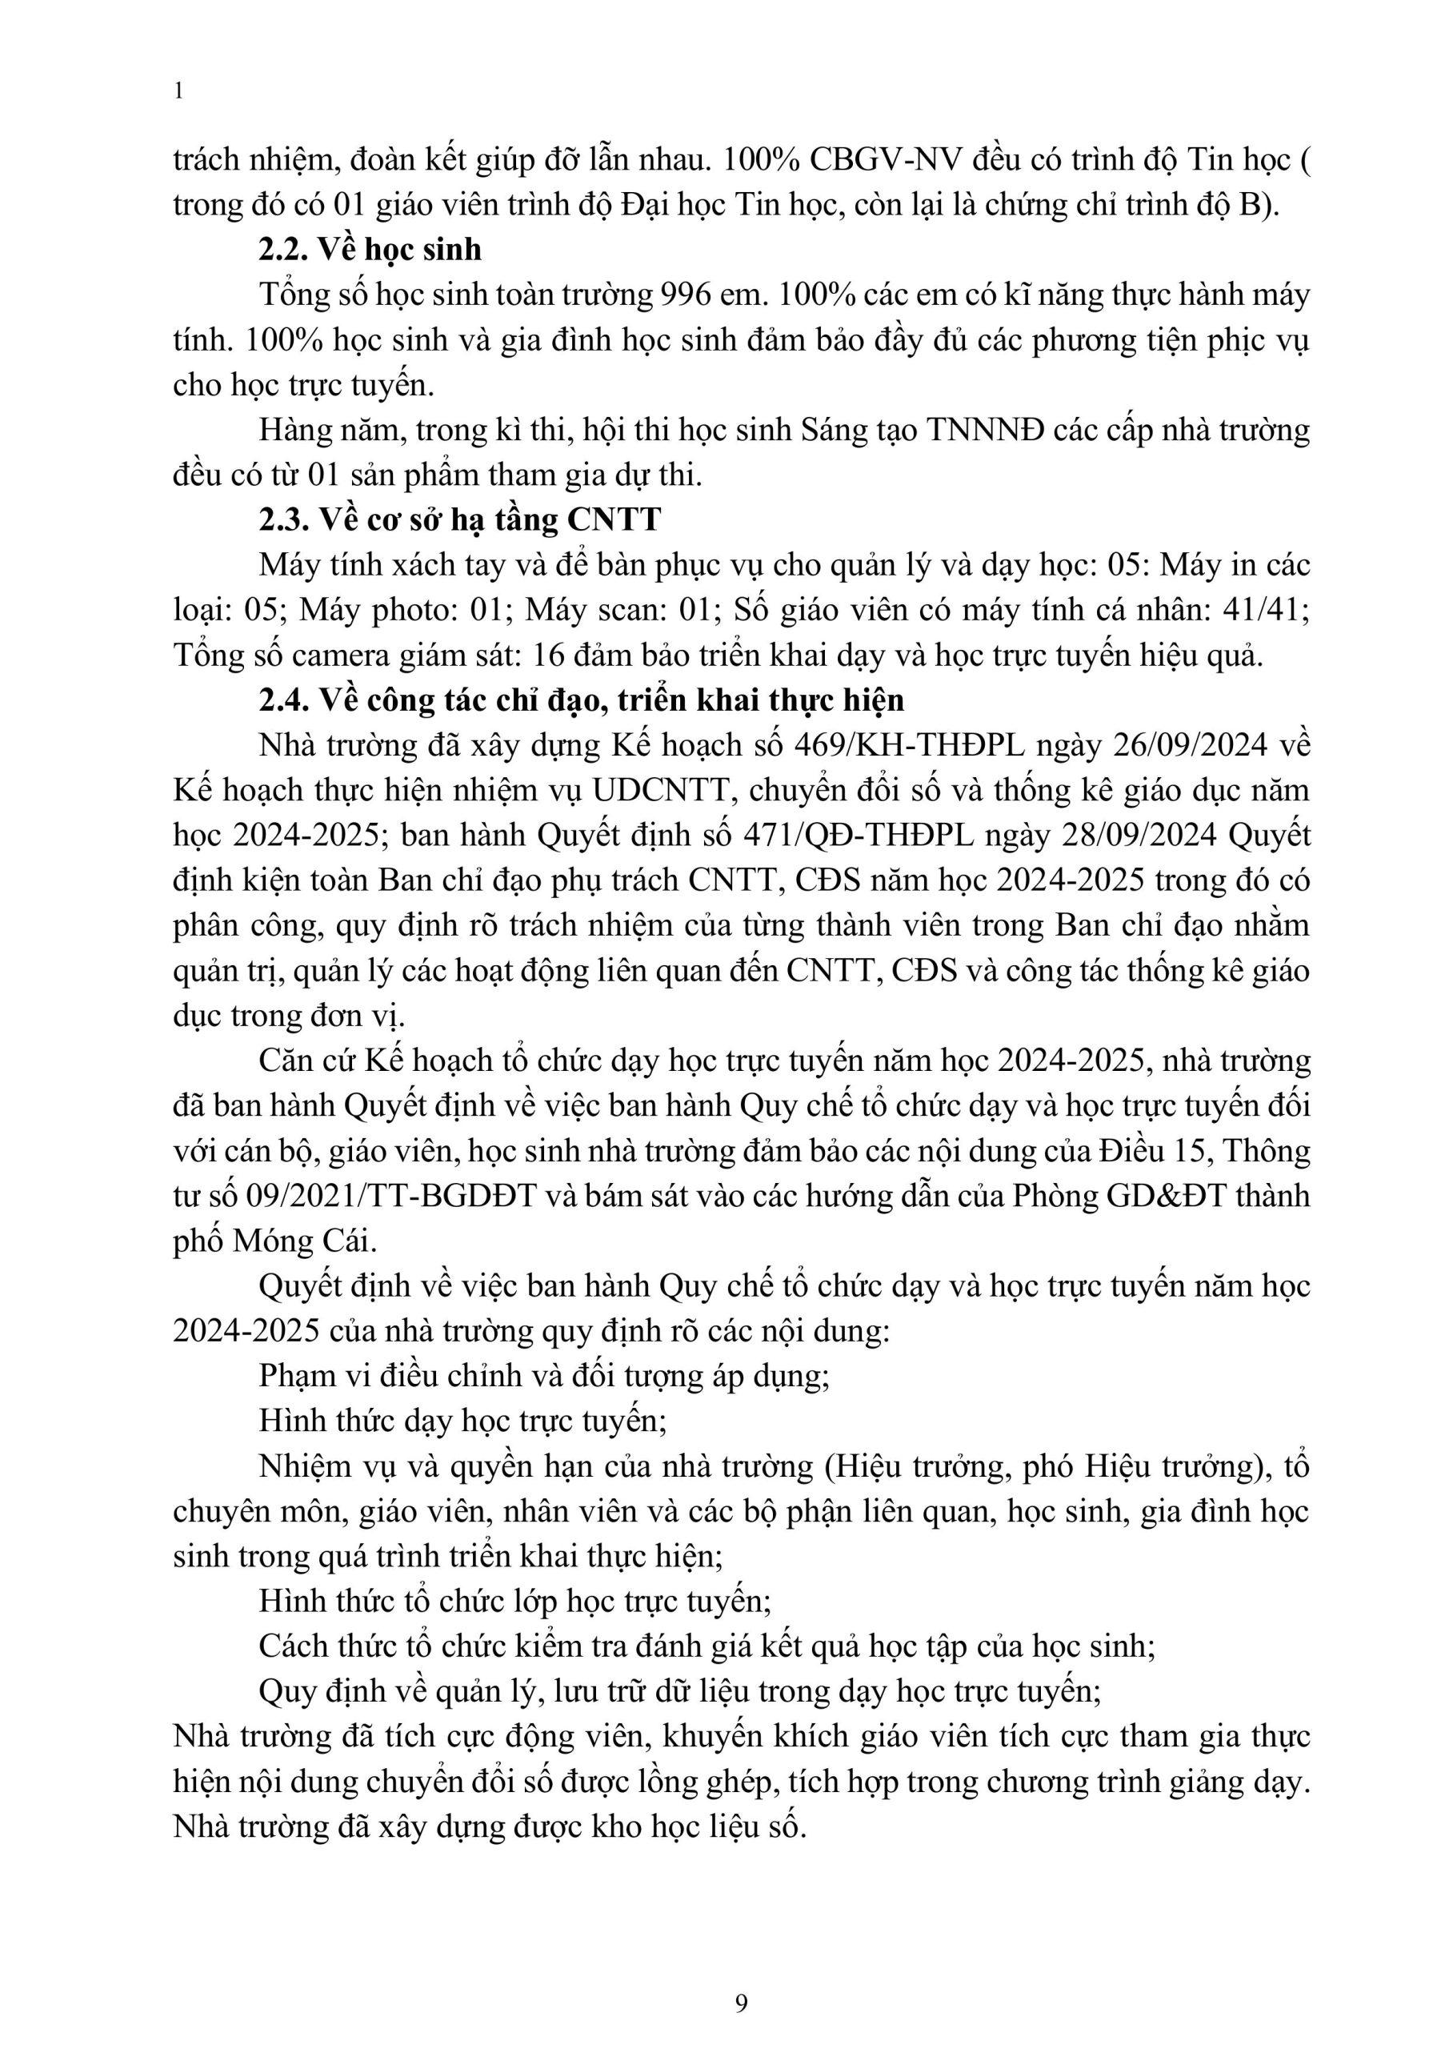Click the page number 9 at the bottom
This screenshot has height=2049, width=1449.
pyautogui.click(x=742, y=2003)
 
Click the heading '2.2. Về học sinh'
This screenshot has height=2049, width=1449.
pyautogui.click(x=370, y=249)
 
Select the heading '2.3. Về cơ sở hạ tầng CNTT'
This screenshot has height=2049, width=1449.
pyautogui.click(x=459, y=519)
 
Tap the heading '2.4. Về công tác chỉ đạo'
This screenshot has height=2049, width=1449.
pyautogui.click(x=581, y=700)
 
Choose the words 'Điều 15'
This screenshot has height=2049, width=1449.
pyautogui.click(x=1153, y=1151)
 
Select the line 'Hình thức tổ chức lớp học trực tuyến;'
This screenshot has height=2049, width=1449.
pyautogui.click(x=514, y=1601)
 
